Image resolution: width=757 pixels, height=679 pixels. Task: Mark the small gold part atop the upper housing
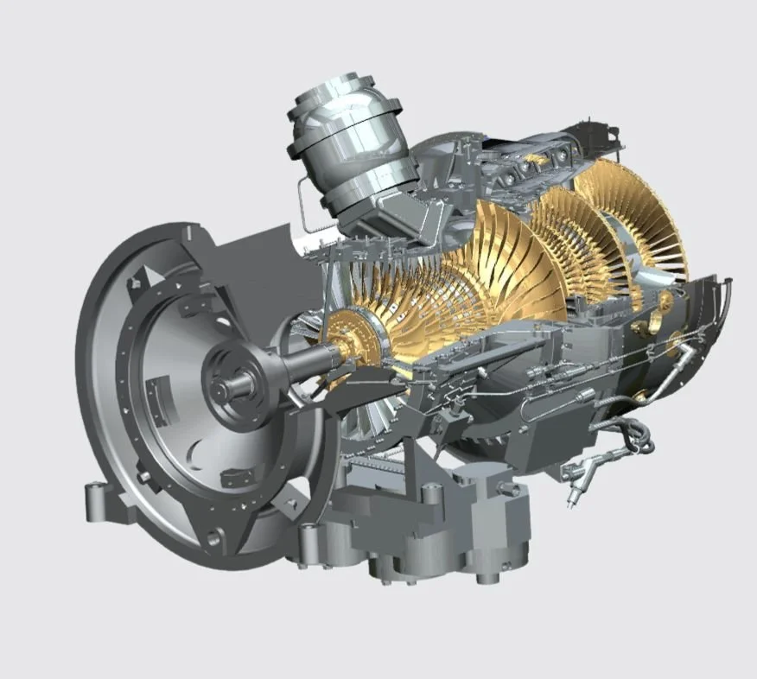(x=537, y=160)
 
